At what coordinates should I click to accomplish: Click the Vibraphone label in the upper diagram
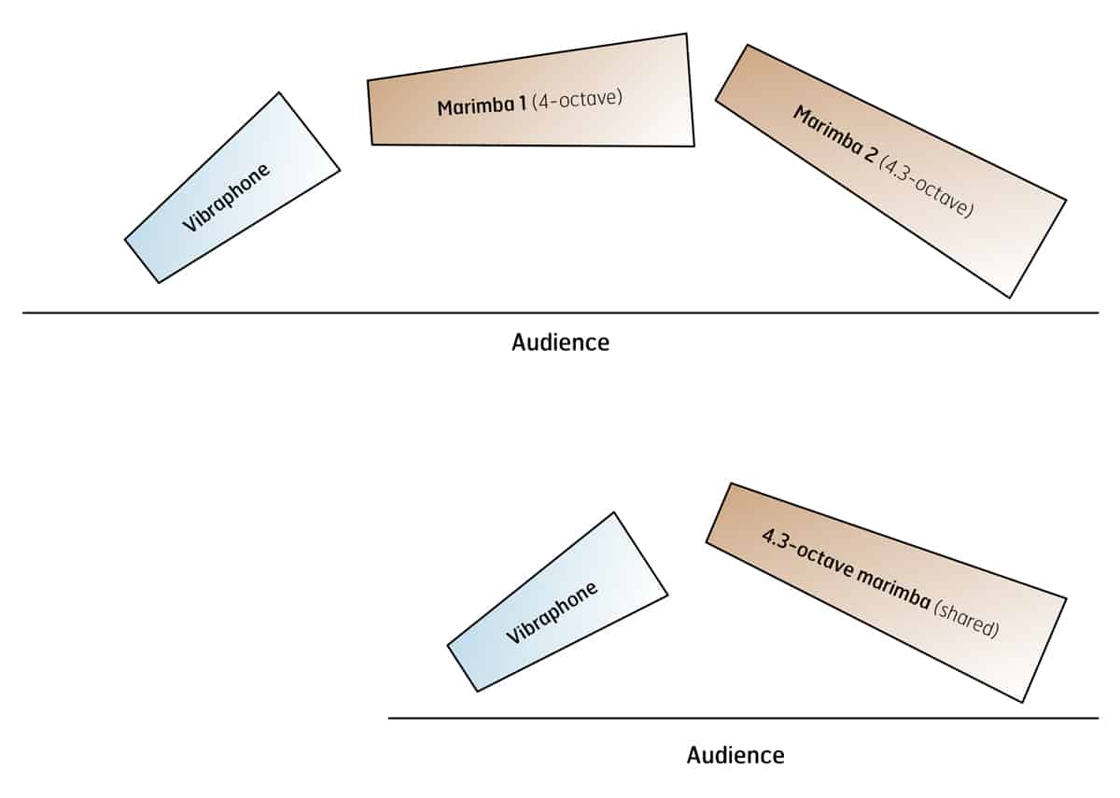pyautogui.click(x=227, y=198)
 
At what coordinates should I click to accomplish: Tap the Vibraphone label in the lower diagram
pyautogui.click(x=552, y=613)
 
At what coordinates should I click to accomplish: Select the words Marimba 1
pyautogui.click(x=482, y=105)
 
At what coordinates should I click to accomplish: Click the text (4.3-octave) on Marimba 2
pyautogui.click(x=927, y=184)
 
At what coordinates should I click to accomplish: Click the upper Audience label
pyautogui.click(x=560, y=342)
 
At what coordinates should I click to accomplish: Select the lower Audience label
pyautogui.click(x=735, y=754)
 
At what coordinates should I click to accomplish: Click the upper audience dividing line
pyautogui.click(x=280, y=313)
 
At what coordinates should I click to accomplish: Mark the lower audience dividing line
pyautogui.click(x=560, y=718)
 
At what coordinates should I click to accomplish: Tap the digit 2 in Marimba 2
pyautogui.click(x=871, y=154)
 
